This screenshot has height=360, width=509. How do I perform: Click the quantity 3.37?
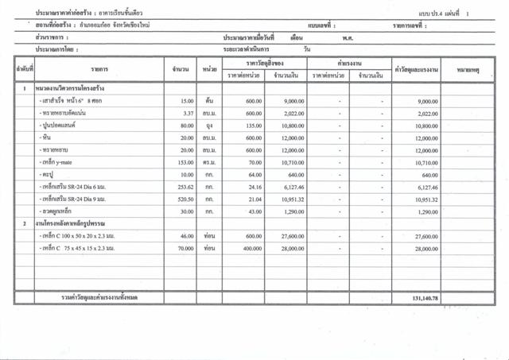coord(188,114)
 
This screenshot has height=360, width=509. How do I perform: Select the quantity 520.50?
coord(185,199)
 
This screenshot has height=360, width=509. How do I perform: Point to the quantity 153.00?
coord(185,162)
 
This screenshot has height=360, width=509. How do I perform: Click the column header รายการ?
coord(99,70)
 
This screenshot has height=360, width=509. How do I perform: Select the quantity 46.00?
coord(187,237)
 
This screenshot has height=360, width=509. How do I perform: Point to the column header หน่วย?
coord(210,70)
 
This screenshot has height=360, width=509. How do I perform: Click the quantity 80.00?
coord(187,126)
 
